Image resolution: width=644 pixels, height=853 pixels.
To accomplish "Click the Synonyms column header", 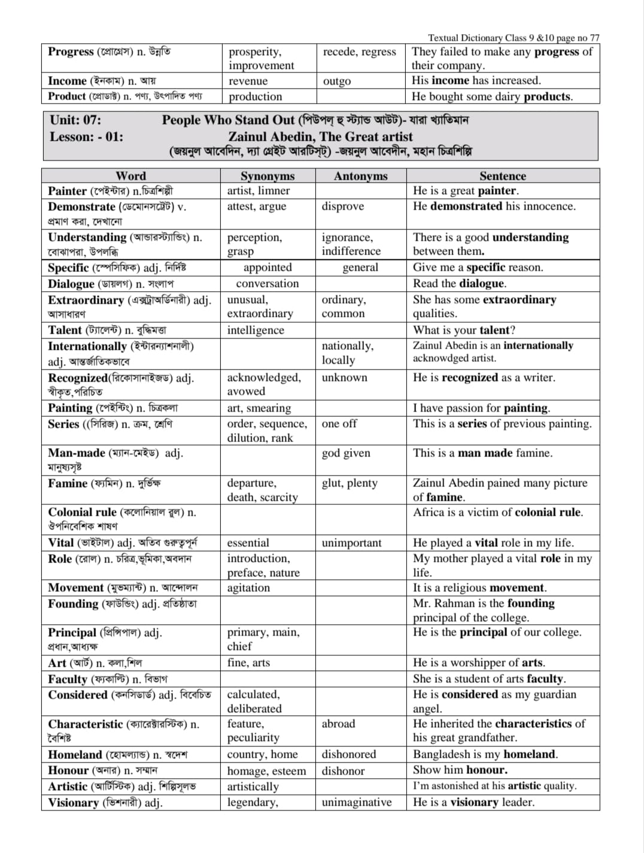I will point(268,176).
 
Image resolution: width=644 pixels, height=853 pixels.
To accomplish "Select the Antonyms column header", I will point(360,176).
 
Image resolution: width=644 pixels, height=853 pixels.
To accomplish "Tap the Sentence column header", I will point(502,176).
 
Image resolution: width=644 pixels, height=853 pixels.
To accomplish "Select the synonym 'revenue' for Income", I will point(248,81).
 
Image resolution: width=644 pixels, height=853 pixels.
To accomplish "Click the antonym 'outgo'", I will point(337,81).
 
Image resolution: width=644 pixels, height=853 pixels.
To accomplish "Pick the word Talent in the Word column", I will point(65,330).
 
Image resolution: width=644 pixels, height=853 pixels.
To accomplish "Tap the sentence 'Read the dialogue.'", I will point(459,283).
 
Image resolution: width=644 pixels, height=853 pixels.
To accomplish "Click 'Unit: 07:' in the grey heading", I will point(75,120).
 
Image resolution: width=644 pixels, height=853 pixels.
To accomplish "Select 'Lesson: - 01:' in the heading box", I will point(87,137).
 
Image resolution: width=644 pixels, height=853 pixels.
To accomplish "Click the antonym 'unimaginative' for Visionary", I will point(356,803).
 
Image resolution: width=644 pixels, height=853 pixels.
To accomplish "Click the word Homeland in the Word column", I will point(75,755).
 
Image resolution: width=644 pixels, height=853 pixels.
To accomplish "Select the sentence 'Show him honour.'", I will point(460,770).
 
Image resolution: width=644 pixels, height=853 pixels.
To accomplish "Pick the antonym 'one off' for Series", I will point(339,424).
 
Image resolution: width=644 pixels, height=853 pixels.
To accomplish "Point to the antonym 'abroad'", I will point(338,724).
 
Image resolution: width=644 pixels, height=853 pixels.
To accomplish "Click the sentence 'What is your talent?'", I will point(464,330).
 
